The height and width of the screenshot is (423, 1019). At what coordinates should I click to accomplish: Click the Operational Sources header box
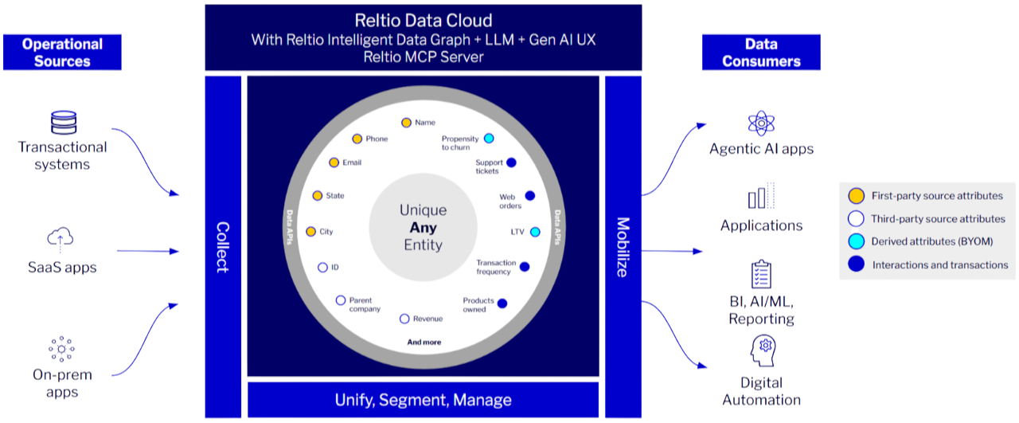point(62,53)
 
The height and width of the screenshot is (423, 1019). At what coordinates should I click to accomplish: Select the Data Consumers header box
point(761,53)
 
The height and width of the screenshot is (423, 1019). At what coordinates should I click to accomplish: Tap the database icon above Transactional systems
point(62,123)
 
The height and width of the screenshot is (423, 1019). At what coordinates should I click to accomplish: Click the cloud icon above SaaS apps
point(61,237)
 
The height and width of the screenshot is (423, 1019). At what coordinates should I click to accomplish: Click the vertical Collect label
point(223,247)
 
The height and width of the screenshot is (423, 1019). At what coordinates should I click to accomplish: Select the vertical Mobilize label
point(623,247)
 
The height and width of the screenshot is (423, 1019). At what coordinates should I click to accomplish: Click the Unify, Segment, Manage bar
point(423,399)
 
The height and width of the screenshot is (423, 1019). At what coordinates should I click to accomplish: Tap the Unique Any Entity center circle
point(423,228)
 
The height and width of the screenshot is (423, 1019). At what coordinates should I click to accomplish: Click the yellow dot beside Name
point(406,123)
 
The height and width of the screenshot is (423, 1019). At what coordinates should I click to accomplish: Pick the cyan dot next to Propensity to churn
point(489,139)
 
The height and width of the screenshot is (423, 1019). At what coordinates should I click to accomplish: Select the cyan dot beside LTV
point(535,232)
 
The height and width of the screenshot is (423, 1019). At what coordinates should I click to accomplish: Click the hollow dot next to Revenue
point(404,319)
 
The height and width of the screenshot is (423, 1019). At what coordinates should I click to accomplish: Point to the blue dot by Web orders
point(529,196)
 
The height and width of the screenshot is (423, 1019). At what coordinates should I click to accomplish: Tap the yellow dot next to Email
point(334,163)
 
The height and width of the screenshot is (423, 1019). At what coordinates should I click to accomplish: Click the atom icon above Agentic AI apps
point(761,123)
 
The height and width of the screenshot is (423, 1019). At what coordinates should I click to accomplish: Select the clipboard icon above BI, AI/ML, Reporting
point(761,274)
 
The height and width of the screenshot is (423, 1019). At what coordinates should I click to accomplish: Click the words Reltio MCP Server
point(423,57)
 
